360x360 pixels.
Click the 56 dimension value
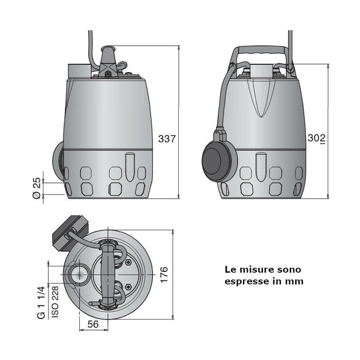[x=93, y=325]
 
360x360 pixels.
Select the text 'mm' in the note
[x=295, y=281]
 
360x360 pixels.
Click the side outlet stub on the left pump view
[x=58, y=161]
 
